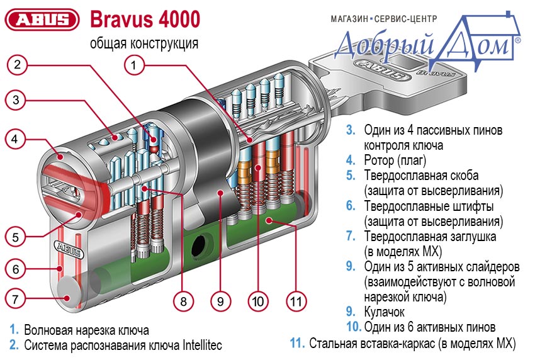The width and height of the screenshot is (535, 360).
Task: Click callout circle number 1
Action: point(134,64)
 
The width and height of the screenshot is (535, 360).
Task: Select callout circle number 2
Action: point(18,64)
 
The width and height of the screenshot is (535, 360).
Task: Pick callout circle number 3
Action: point(18,99)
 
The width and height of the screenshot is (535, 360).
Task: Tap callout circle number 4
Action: point(18,137)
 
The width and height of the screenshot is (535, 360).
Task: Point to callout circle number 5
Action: point(18,237)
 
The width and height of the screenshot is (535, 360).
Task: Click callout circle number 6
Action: point(18,269)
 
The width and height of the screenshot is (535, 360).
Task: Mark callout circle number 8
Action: point(183,301)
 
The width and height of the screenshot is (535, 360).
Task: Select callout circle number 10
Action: point(257,301)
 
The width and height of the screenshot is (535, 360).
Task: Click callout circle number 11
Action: point(295,301)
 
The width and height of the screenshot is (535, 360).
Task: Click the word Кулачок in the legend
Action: point(384,311)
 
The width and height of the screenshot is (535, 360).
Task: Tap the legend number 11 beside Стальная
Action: point(296,343)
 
